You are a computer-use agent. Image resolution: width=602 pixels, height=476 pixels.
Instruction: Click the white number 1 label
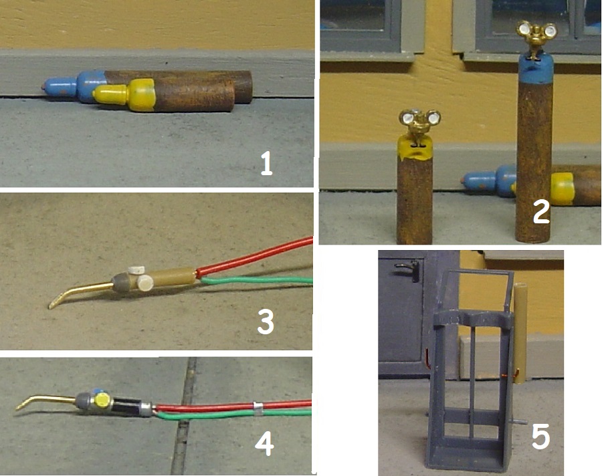coord(266,163)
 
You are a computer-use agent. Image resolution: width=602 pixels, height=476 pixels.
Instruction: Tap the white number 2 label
coord(541,212)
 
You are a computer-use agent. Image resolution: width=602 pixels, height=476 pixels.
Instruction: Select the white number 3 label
coord(266,322)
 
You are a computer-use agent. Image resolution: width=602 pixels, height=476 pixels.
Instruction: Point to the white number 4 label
coord(264,444)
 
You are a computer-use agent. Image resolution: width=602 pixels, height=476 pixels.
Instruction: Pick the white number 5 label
coord(540,437)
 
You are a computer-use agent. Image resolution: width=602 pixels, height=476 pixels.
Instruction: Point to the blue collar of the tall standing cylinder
coord(536,69)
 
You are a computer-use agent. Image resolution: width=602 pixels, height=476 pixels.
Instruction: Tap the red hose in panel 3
coord(255,257)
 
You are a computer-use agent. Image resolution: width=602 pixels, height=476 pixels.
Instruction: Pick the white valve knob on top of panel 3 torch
coord(136,270)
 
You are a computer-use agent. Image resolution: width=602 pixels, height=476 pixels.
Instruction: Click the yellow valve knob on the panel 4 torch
coord(102,399)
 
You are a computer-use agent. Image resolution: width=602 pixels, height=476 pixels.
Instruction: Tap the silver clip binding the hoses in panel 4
coord(258,408)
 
